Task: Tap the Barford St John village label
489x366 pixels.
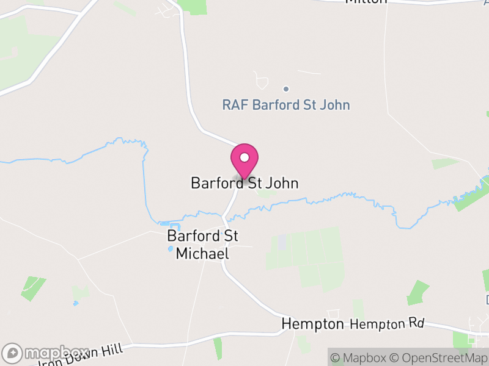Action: (244, 183)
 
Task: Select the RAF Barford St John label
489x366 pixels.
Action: (286, 105)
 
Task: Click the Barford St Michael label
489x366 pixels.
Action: (202, 245)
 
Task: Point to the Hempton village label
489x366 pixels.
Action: (312, 324)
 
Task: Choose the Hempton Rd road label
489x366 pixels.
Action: (387, 324)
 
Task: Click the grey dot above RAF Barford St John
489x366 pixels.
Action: (285, 89)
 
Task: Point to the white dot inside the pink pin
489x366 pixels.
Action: (244, 157)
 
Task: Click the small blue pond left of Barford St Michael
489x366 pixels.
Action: (170, 249)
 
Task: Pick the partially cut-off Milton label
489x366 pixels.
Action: (366, 2)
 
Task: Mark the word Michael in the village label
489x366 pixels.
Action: (202, 253)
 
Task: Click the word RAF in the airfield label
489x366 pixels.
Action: (235, 105)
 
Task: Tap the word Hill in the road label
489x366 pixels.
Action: (113, 350)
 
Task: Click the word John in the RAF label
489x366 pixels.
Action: (334, 105)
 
